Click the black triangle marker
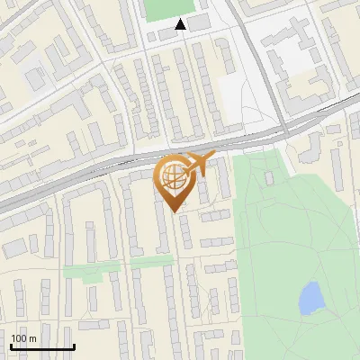tap(181, 24)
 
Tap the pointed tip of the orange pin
tap(173, 211)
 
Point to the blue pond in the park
tap(310, 298)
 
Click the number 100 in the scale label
tap(19, 337)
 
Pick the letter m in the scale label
tap(33, 337)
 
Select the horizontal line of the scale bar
tap(42, 346)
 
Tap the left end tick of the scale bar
tap(11, 346)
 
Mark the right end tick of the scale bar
tap(74, 346)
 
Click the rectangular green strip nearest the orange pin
tap(151, 263)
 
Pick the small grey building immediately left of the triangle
tap(164, 33)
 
